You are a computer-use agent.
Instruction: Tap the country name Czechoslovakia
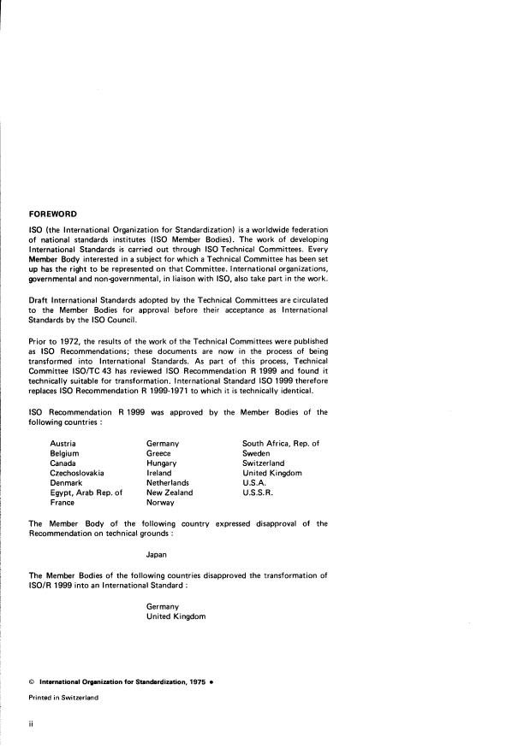[x=78, y=473]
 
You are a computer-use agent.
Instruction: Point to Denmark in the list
[x=68, y=483]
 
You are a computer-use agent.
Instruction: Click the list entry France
[x=63, y=504]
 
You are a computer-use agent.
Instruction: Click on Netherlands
[x=168, y=483]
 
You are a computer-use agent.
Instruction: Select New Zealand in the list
[x=170, y=493]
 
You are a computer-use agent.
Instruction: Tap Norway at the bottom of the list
[x=161, y=504]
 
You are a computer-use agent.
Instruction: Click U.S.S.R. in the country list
[x=259, y=493]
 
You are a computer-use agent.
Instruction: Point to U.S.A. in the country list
[x=254, y=483]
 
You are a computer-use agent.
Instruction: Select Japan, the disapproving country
[x=158, y=554]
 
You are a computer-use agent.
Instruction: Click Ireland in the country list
[x=159, y=473]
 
